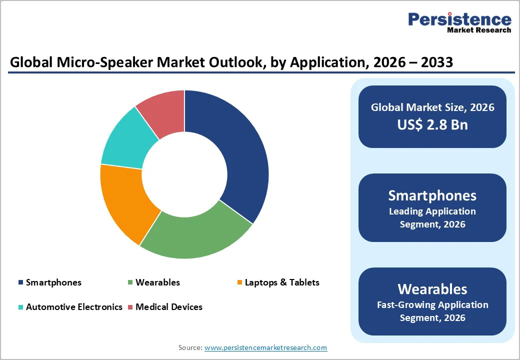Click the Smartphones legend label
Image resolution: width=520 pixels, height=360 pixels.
pos(53,282)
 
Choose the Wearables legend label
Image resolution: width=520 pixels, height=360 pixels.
pos(157,282)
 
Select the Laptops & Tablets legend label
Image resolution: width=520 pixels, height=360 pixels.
pos(282,282)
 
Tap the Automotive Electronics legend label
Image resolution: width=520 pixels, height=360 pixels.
pos(74,307)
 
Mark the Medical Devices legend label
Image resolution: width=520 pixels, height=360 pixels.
pos(169,307)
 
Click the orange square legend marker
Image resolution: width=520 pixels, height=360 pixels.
pos(240,282)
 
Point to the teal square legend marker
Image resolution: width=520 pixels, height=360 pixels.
pos(20,307)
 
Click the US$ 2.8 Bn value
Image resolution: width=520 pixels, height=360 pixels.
pos(432,124)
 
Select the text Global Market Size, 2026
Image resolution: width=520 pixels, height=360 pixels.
pos(432,107)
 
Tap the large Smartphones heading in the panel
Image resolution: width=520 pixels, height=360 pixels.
pos(432,195)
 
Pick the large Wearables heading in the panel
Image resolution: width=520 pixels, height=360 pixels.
pos(432,288)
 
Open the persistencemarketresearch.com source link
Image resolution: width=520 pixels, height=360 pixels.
pos(265,347)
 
